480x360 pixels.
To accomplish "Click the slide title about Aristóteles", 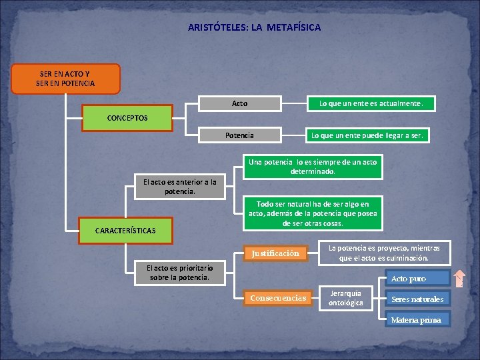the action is coord(254,27).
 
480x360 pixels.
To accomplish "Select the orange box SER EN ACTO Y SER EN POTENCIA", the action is coord(66,78).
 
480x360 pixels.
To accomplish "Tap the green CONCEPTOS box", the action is coord(127,118).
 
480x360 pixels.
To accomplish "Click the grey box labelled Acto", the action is coord(240,103).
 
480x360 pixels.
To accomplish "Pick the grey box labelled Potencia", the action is coord(240,135).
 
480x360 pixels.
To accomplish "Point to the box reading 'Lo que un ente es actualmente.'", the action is coord(371,103).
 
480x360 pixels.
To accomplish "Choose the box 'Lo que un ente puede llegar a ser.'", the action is coord(367,135).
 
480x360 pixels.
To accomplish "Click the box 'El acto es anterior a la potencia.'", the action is coord(181,187).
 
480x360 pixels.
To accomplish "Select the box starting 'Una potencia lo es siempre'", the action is coord(313,167).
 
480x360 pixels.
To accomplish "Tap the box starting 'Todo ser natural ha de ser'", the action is coord(313,213).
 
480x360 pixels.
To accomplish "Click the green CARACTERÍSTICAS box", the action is coord(125,231).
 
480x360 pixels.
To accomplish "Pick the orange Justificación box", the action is coord(275,253).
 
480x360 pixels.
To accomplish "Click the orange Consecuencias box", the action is coord(278,298).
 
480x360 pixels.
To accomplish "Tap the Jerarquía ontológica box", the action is coord(346,298).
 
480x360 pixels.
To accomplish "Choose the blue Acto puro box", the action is coord(409,279).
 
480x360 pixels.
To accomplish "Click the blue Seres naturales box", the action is coord(417,299).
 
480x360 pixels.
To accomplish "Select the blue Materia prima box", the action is coord(416,319).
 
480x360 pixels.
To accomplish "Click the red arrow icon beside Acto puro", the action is coord(460,278).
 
